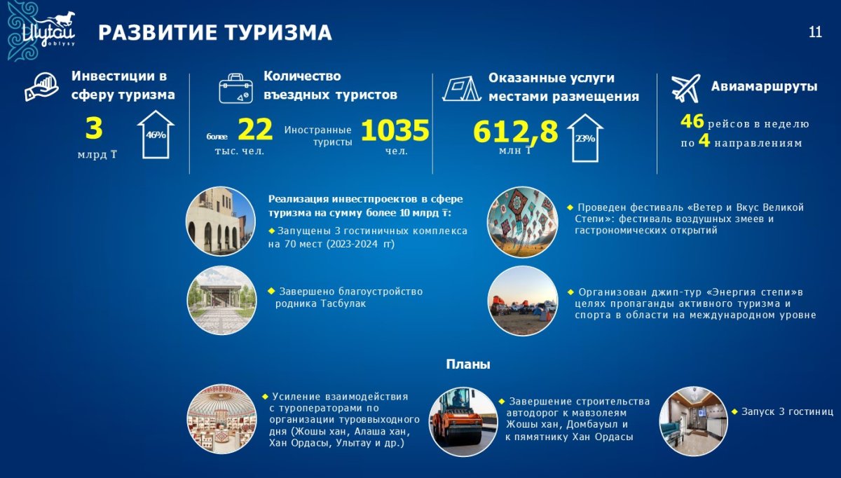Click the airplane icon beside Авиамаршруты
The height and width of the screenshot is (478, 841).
(685, 88)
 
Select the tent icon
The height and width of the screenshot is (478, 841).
(462, 88)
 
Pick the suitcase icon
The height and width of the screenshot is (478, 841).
(235, 88)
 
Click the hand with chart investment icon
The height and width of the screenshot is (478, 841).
(41, 87)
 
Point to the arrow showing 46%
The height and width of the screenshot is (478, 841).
(156, 135)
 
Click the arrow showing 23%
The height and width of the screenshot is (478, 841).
(585, 138)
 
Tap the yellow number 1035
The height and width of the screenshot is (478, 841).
(395, 130)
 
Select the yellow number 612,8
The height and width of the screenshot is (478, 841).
(516, 132)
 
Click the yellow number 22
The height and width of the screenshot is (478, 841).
(255, 129)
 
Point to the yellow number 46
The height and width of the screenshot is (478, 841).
(692, 121)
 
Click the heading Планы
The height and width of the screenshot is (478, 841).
(468, 364)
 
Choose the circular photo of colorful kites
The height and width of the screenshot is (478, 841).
(522, 222)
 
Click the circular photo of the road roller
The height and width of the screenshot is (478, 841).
(463, 422)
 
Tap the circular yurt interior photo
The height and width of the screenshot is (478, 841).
(222, 419)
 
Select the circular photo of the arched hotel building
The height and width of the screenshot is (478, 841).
(221, 221)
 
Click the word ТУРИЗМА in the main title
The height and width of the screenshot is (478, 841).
(273, 32)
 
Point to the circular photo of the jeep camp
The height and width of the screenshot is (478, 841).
(523, 301)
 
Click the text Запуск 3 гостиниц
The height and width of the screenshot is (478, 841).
(787, 411)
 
